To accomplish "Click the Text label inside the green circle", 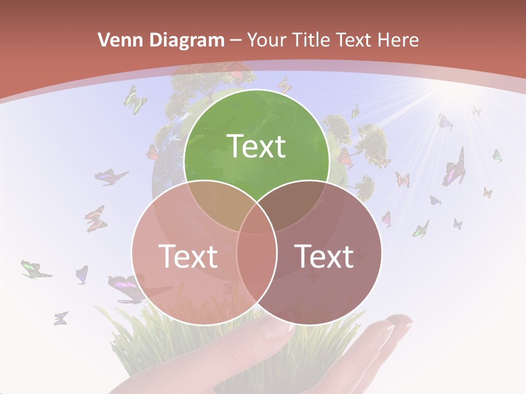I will [x=256, y=146].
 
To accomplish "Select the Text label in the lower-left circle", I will [x=188, y=256].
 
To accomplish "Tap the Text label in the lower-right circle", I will [x=324, y=256].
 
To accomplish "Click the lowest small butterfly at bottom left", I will [x=60, y=318].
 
